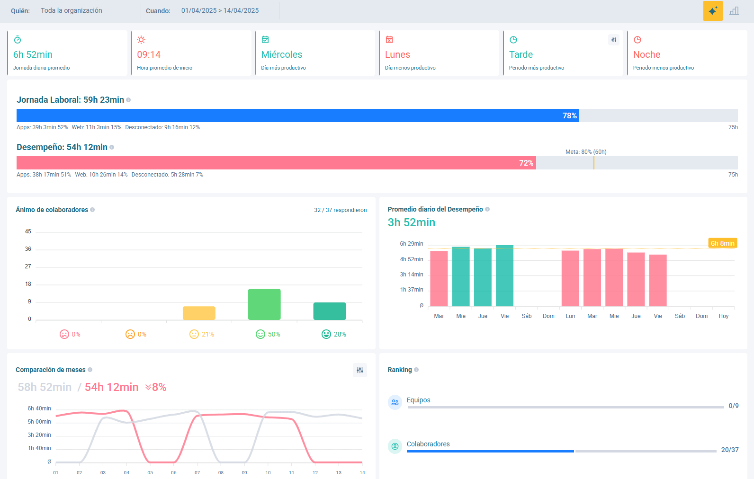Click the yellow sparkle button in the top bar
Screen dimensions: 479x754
click(x=713, y=11)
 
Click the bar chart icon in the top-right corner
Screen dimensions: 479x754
click(x=734, y=11)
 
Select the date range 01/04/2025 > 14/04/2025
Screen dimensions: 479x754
click(x=220, y=10)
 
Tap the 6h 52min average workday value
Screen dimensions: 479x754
click(x=33, y=54)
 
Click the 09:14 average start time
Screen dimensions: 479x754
click(x=149, y=54)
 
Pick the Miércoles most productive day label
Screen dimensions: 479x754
click(x=281, y=54)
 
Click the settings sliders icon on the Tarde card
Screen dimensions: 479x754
click(x=613, y=40)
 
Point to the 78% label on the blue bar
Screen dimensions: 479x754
click(x=569, y=115)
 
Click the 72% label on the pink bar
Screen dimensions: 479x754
click(x=526, y=163)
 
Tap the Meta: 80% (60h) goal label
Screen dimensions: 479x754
click(x=586, y=152)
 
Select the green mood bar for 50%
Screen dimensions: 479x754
click(x=264, y=304)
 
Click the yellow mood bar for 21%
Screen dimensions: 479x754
click(x=199, y=313)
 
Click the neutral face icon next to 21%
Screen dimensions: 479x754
click(x=194, y=334)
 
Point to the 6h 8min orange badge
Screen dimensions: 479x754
click(x=722, y=243)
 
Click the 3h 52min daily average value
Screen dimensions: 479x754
click(x=411, y=222)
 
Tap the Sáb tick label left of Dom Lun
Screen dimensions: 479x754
click(x=527, y=316)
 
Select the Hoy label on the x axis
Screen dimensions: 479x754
click(x=723, y=316)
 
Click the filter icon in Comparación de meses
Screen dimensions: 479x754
click(x=360, y=370)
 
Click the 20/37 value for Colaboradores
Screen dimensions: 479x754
click(x=730, y=450)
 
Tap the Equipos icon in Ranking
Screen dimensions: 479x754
click(x=395, y=402)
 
